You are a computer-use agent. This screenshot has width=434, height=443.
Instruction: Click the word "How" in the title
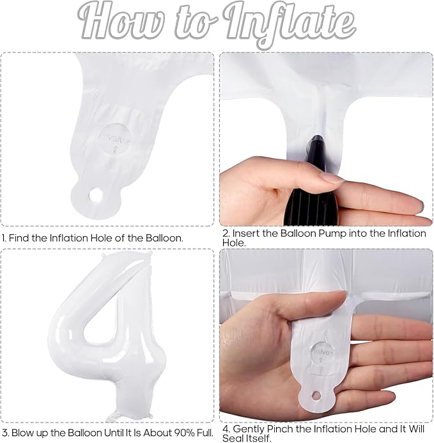[121, 22]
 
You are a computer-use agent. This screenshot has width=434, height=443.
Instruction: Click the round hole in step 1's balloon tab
[96, 195]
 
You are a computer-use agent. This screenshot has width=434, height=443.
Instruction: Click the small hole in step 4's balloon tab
[316, 396]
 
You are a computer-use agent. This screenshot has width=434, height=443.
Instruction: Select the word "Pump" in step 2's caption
[333, 234]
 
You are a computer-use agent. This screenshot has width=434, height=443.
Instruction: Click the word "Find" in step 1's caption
[19, 238]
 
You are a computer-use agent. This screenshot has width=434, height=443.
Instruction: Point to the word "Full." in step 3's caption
[202, 433]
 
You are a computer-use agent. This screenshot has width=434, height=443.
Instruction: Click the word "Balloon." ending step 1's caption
[164, 238]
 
